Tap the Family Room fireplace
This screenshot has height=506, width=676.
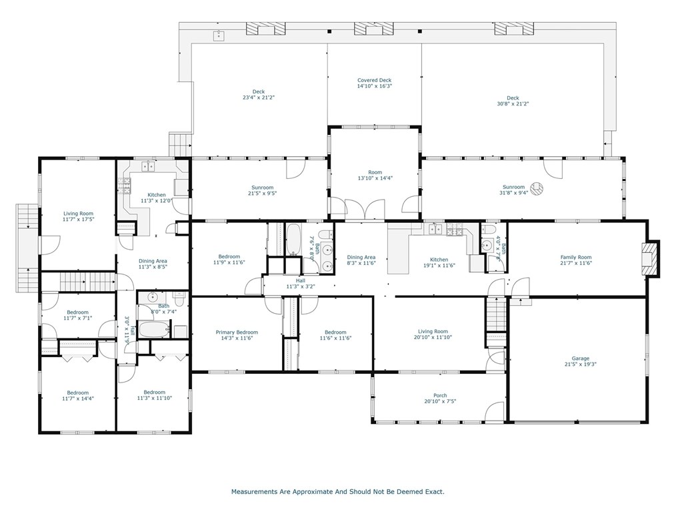pyautogui.click(x=650, y=258)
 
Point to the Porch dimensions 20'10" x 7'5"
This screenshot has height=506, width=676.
pyautogui.click(x=440, y=401)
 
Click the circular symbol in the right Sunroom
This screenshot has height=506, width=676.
pyautogui.click(x=537, y=189)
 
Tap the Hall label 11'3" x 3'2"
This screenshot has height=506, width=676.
pyautogui.click(x=301, y=284)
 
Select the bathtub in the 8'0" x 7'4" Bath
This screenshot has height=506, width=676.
pyautogui.click(x=155, y=329)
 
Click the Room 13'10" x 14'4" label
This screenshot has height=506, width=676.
pyautogui.click(x=375, y=176)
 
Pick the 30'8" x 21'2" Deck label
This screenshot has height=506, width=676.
pyautogui.click(x=513, y=101)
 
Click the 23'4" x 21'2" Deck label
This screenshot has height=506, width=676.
pyautogui.click(x=258, y=95)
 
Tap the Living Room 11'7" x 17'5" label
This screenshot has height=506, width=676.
pyautogui.click(x=78, y=216)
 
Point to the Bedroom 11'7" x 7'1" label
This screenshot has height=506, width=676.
pyautogui.click(x=77, y=315)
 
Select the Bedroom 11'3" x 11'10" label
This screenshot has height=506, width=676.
pyautogui.click(x=155, y=395)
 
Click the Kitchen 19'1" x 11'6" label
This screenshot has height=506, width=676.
pyautogui.click(x=439, y=262)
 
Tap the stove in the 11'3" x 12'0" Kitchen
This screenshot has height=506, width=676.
pyautogui.click(x=125, y=186)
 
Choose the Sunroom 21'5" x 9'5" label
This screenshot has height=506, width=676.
pyautogui.click(x=262, y=190)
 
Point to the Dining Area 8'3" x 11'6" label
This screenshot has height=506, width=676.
pyautogui.click(x=361, y=260)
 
